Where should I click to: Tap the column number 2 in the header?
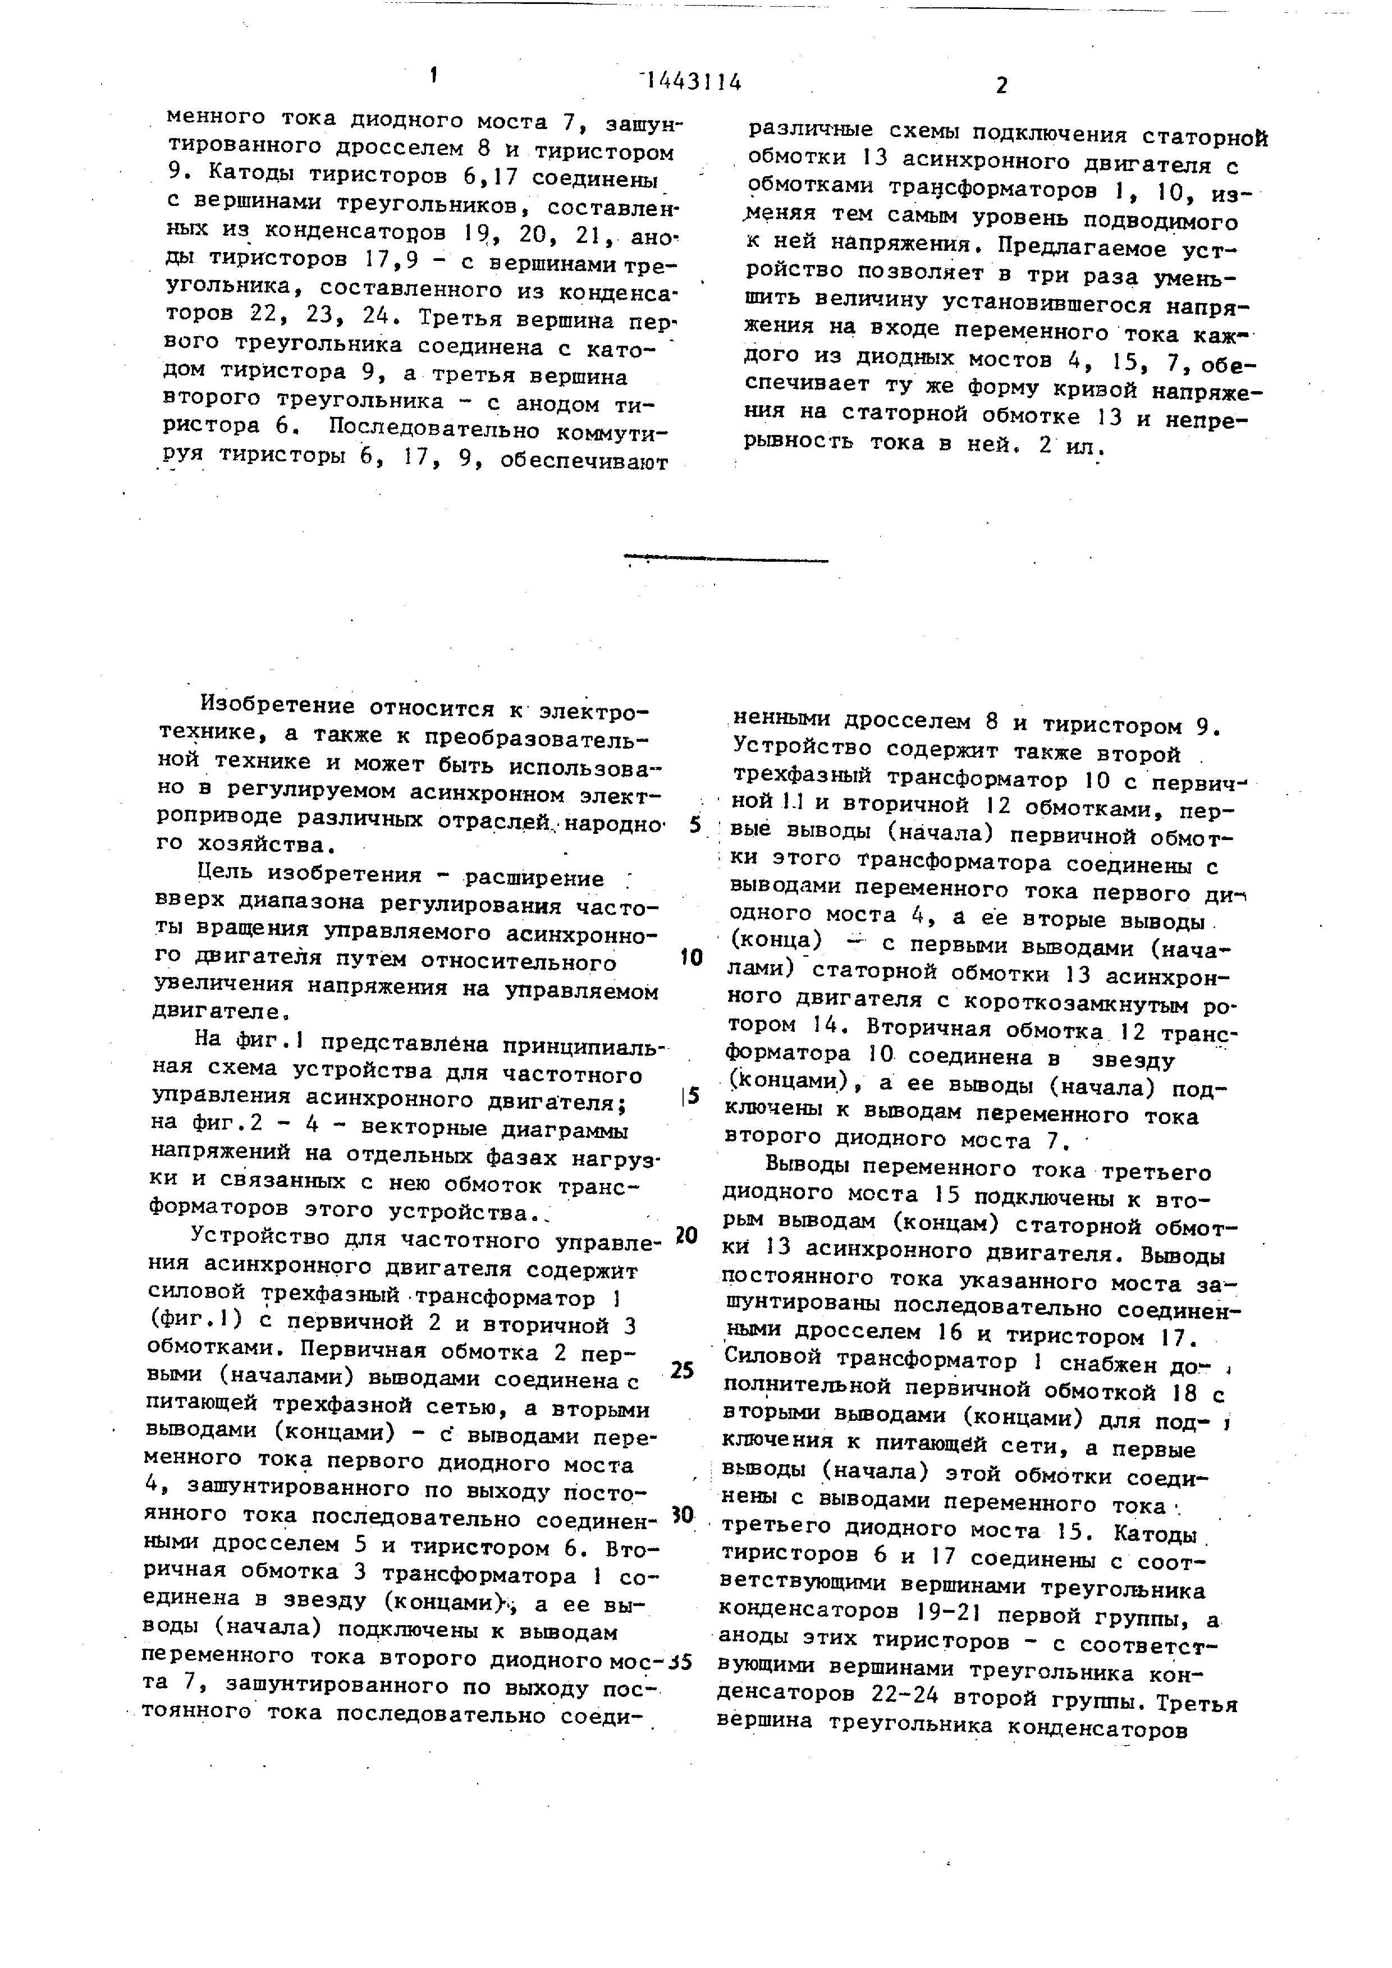pos(1001,85)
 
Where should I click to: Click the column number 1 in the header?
pos(434,75)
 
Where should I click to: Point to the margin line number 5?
pos(695,825)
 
